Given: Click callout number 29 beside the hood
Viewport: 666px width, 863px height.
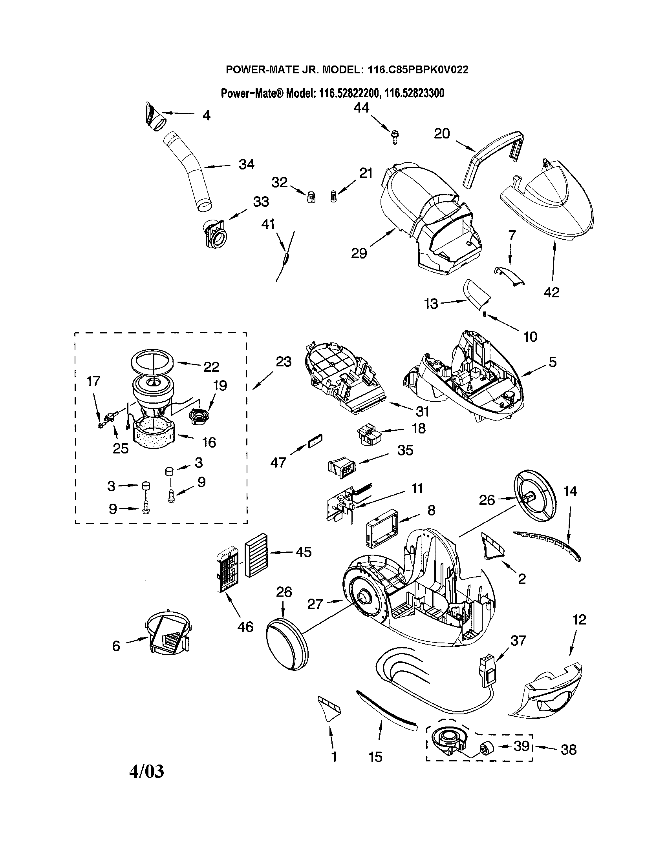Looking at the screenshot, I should coord(359,253).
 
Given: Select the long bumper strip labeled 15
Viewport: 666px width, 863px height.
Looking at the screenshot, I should coord(386,708).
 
